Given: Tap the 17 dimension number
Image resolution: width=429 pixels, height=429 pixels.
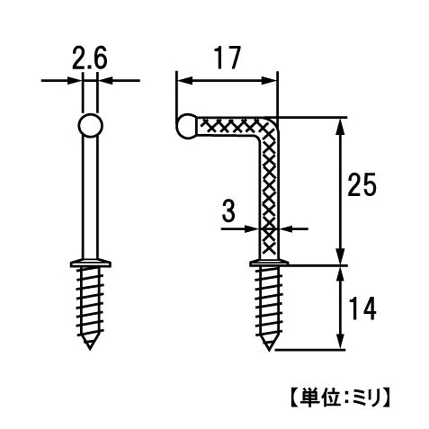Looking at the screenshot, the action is click(227, 58).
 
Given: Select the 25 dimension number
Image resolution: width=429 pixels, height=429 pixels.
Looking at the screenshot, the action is click(362, 185).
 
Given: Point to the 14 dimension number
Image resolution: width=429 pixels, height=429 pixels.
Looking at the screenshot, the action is click(363, 309).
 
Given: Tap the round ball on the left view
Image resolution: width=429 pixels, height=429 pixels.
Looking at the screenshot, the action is click(90, 125).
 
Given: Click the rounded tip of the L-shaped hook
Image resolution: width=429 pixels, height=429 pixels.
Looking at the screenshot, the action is click(186, 126).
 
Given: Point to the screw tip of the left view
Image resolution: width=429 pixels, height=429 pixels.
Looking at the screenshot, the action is click(90, 345).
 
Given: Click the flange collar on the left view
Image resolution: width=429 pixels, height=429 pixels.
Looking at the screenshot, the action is click(90, 263).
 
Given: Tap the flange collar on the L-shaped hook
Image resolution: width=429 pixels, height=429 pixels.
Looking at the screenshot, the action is click(269, 263).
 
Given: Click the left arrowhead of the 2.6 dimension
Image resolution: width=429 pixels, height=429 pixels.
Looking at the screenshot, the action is click(74, 81).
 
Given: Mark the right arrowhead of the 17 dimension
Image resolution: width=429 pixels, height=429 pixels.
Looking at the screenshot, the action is click(269, 81).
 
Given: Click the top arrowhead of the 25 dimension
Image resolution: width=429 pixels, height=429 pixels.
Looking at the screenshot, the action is click(340, 126).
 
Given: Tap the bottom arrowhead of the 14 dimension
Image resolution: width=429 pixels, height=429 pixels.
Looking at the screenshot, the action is click(340, 341).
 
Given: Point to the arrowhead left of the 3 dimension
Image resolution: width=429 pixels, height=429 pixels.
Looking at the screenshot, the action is click(252, 228).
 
